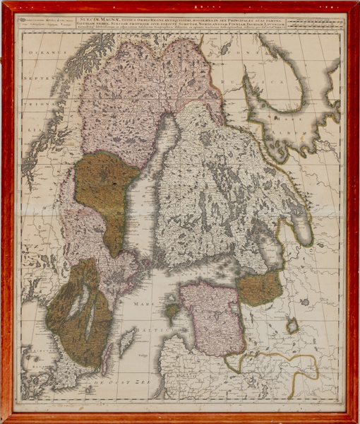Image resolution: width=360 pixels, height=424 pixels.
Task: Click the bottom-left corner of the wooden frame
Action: click(x=6, y=418)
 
